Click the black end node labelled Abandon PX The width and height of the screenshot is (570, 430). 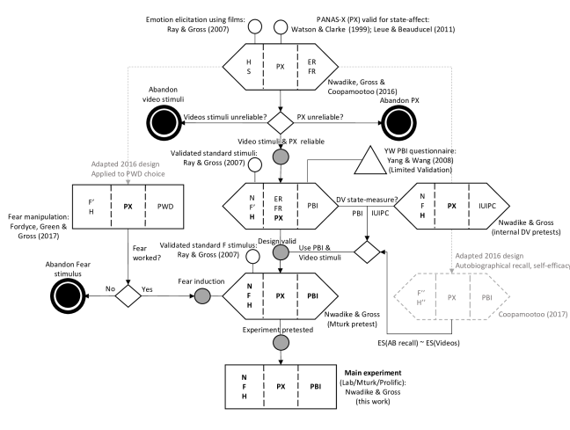coord(399,123)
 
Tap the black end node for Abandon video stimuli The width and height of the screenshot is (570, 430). coord(164,123)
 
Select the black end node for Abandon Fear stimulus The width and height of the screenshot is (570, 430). coord(68,295)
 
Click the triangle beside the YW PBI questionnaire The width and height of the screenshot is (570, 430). coord(370,160)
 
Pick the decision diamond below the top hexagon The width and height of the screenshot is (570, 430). coord(281,123)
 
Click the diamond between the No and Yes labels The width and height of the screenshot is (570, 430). coord(128,295)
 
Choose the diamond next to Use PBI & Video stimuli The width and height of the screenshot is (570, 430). coord(367,251)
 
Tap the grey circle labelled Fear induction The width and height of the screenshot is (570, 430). coord(202,295)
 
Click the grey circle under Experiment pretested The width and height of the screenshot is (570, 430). coord(281,342)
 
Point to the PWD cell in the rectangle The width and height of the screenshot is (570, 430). coord(165,207)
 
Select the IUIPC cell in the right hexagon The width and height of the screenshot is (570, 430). coord(487,206)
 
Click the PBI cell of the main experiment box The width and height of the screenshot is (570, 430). coord(316,386)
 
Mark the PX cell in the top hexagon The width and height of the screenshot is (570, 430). coord(281,67)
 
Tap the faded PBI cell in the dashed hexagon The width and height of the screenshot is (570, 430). coord(486,297)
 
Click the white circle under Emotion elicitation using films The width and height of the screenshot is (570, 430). coord(255,27)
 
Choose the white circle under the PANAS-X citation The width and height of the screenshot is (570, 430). coord(281,27)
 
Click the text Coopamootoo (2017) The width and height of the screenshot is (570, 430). coord(532,314)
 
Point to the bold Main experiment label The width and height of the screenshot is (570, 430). coord(373,373)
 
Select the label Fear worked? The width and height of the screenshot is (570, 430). coord(147,253)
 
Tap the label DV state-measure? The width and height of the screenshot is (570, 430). coord(367,200)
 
